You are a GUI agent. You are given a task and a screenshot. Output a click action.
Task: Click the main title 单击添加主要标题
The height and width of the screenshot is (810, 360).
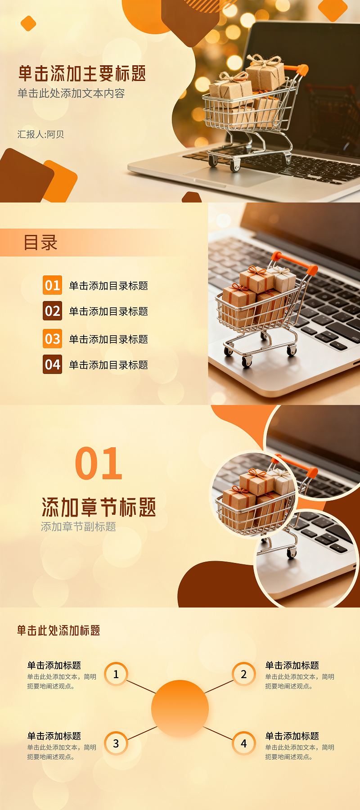82,74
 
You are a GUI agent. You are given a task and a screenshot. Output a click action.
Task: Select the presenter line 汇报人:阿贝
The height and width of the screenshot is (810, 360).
41,135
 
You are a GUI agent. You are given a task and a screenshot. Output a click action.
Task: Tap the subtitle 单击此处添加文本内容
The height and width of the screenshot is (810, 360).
71,94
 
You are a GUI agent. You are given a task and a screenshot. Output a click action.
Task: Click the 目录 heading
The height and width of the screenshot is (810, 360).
40,243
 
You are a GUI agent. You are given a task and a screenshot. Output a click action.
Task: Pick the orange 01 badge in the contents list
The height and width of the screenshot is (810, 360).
52,285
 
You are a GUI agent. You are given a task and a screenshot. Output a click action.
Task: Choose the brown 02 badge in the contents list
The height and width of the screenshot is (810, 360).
52,311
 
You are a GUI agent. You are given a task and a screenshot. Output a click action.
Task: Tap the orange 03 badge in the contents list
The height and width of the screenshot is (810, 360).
52,339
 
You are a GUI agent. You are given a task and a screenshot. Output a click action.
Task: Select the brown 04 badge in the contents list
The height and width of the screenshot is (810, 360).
52,364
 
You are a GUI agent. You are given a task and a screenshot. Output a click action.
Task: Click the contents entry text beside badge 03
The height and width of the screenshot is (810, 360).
108,339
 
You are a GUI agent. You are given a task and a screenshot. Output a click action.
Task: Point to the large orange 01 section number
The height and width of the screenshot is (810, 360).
99,463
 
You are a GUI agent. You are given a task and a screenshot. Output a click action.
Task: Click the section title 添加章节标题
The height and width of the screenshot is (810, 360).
99,507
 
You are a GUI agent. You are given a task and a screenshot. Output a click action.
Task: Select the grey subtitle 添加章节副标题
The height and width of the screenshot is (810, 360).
79,526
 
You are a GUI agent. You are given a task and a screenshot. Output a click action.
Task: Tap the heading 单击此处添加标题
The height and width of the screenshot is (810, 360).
58,630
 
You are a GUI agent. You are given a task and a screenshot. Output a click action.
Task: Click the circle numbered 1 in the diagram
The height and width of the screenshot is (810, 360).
116,674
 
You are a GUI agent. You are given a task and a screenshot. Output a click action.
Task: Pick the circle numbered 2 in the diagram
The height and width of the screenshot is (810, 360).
244,674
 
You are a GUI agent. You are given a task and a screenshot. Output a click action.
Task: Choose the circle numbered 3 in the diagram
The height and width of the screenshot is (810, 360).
116,743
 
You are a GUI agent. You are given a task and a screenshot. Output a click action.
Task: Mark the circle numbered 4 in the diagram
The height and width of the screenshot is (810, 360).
244,743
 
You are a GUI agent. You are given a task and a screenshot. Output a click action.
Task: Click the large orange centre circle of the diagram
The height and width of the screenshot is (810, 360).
180,709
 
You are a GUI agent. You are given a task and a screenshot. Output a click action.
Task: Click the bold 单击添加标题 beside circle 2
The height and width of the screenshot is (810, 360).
292,666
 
